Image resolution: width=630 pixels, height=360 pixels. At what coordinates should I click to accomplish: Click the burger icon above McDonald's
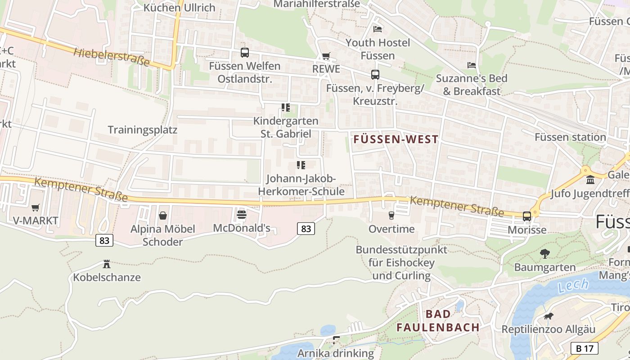[x=242, y=214]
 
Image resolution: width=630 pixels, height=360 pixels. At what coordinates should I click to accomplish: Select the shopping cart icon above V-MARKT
[x=35, y=207]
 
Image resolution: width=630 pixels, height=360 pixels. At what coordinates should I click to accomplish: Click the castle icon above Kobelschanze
[x=107, y=264]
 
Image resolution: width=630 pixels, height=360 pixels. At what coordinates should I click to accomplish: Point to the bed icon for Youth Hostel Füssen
[x=378, y=29]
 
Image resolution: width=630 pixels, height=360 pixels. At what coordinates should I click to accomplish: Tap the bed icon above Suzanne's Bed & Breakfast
[x=472, y=65]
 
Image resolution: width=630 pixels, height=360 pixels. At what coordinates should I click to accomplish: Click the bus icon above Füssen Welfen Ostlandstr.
[x=244, y=53]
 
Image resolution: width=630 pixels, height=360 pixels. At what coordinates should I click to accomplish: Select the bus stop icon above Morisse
[x=527, y=216]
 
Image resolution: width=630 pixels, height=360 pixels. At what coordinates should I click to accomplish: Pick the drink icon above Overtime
[x=391, y=216]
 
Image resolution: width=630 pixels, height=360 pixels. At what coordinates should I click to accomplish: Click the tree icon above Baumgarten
[x=545, y=254]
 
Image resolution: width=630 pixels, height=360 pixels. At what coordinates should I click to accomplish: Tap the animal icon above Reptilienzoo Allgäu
[x=548, y=316]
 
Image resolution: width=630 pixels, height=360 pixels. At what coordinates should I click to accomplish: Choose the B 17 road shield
[x=585, y=348]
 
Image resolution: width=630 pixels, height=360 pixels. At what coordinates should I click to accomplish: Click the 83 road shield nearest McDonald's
[x=306, y=229]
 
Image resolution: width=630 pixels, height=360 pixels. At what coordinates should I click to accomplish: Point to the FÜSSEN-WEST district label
[x=396, y=139]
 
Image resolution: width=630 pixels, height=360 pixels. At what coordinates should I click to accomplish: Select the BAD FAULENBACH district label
[x=438, y=321]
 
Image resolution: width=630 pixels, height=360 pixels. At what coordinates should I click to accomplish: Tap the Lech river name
[x=573, y=285]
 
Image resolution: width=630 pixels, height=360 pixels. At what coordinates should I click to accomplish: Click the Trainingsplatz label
[x=143, y=130]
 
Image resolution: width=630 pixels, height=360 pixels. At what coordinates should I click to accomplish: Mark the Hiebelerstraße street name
[x=111, y=57]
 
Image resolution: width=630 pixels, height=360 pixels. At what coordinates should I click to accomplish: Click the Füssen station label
[x=570, y=137]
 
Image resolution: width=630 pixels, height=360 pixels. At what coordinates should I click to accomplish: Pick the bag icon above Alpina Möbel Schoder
[x=162, y=216]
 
